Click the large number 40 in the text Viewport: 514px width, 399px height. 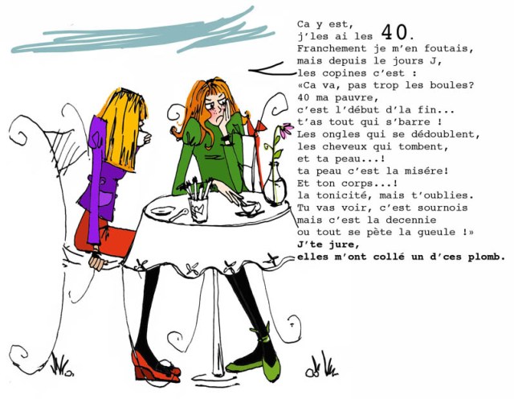394,32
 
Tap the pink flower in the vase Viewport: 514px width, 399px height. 287,130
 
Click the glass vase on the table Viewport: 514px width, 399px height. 275,184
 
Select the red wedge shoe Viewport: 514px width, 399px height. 154,367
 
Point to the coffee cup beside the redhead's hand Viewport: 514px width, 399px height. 248,208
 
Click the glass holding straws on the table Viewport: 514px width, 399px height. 199,209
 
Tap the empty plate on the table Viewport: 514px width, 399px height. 162,211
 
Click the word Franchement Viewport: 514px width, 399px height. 332,48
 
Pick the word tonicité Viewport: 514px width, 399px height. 345,195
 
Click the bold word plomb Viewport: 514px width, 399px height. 487,257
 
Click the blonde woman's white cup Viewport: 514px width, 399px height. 143,138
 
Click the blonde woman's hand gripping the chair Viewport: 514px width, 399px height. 98,261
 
